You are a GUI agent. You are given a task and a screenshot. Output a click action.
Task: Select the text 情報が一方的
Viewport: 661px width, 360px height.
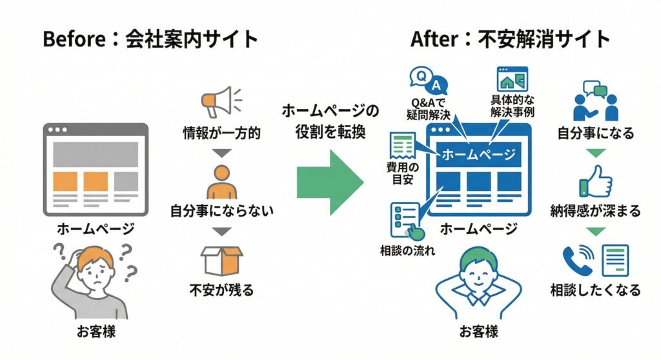(221, 134)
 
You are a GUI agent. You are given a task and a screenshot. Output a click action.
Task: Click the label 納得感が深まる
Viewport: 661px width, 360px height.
(596, 211)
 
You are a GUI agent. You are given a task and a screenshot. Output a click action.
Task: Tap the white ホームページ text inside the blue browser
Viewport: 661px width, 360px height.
(478, 155)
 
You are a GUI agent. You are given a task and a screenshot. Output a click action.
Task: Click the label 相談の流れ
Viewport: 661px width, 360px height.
(407, 250)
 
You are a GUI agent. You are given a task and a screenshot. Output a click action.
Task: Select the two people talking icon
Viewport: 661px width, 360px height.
(595, 102)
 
